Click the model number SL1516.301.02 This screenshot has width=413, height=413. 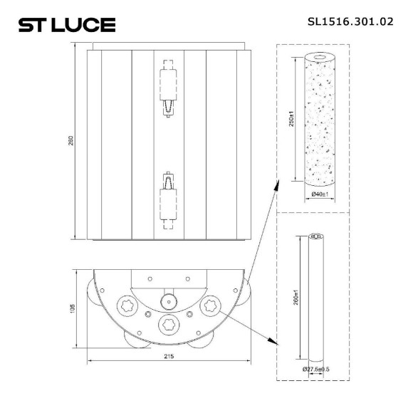click(350, 22)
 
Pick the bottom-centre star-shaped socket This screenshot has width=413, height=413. click(168, 325)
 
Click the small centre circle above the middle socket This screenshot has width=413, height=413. click(168, 300)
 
